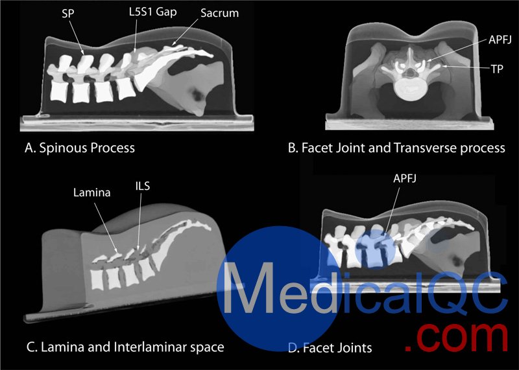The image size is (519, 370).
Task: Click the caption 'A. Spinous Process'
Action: tap(79, 148)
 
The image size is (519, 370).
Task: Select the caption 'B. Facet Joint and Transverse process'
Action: tap(396, 148)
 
